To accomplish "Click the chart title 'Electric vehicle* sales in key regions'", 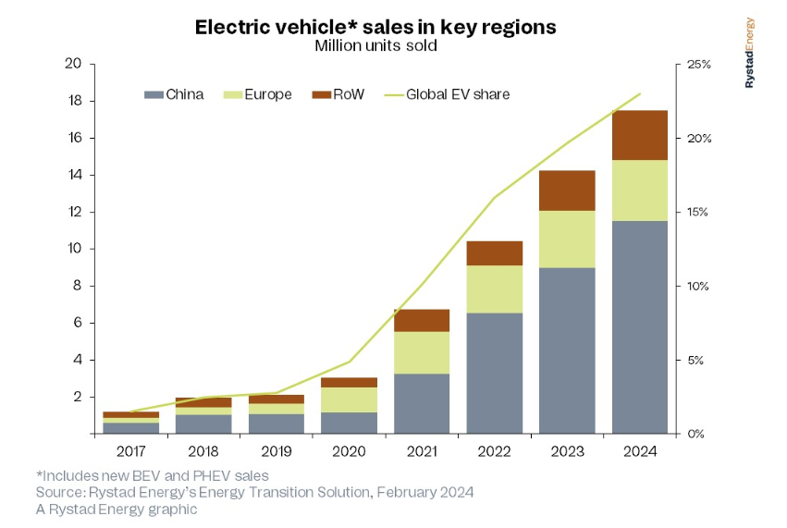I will (375, 27).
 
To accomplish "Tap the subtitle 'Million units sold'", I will (375, 45).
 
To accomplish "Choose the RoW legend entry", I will (338, 94).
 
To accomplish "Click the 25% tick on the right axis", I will (699, 64).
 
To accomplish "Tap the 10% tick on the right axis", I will (699, 286).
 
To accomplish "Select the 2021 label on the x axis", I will (422, 452).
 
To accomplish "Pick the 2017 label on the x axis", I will (130, 452).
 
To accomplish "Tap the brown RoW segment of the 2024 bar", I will (640, 135).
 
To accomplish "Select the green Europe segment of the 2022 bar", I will (494, 289).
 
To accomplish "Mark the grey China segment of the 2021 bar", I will (422, 403).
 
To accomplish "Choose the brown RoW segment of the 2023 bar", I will (567, 190).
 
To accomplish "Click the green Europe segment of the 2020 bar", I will (349, 399).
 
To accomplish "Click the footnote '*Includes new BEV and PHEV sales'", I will (152, 475).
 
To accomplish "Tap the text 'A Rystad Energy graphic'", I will (117, 509).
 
